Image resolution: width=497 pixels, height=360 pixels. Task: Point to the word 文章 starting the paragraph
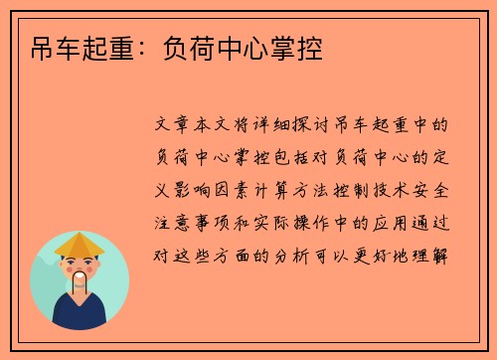(177, 126)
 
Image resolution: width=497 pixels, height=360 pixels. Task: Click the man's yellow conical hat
(81, 246)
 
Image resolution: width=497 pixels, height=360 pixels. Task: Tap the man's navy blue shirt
(80, 313)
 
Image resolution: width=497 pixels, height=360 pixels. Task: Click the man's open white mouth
(81, 276)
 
